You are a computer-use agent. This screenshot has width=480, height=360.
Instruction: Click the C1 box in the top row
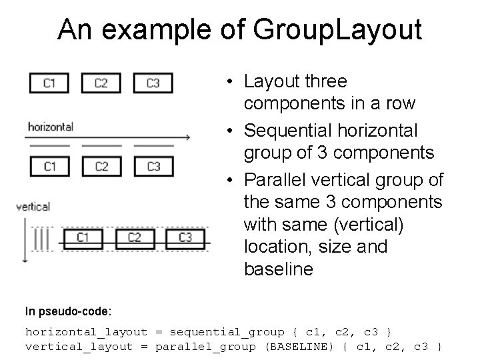click(x=49, y=83)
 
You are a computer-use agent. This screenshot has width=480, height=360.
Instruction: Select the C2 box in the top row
click(x=101, y=83)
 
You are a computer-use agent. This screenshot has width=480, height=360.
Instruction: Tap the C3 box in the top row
click(x=153, y=83)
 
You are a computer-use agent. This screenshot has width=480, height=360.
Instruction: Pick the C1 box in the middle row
click(x=49, y=166)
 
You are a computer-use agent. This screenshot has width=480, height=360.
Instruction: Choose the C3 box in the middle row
click(x=153, y=166)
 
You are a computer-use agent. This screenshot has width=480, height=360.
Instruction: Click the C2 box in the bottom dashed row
click(x=134, y=237)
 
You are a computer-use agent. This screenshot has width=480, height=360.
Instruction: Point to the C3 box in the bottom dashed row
click(x=185, y=237)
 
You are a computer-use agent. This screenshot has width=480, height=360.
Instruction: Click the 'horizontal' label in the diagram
click(x=50, y=126)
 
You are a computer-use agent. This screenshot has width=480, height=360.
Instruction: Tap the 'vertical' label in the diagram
click(x=33, y=207)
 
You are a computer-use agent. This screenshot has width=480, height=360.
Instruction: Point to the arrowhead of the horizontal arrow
click(x=189, y=137)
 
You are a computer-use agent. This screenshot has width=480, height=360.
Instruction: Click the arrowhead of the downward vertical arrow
click(x=25, y=259)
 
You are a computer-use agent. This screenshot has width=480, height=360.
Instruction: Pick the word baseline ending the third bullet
click(x=278, y=269)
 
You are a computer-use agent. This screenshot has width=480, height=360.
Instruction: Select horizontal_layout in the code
click(x=86, y=331)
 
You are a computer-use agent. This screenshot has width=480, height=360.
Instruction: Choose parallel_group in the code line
click(x=205, y=346)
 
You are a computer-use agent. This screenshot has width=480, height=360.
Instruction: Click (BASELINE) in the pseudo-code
click(x=303, y=346)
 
